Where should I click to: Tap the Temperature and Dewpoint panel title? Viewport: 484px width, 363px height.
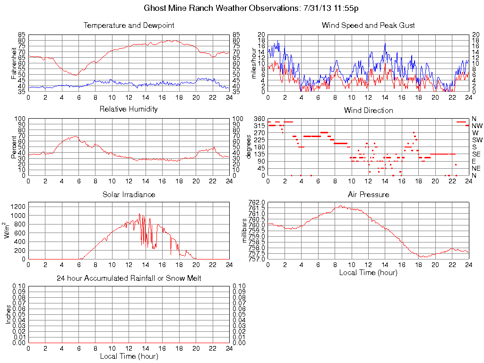[129, 26]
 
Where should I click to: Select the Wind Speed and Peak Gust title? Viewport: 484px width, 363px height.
[368, 26]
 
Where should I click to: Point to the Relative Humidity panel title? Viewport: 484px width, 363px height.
[129, 109]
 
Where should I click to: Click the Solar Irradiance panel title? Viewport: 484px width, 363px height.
[129, 194]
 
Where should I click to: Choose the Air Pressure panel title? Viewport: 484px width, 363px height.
[368, 194]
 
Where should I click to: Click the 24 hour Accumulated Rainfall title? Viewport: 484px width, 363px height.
[129, 278]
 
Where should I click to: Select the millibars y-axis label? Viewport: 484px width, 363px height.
[244, 230]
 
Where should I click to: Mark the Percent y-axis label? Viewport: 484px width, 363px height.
[13, 147]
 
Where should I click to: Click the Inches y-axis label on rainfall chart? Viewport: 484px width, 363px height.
[8, 314]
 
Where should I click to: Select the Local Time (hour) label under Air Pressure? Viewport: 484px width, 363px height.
[368, 272]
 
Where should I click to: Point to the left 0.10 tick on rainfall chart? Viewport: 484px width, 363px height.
[19, 286]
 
